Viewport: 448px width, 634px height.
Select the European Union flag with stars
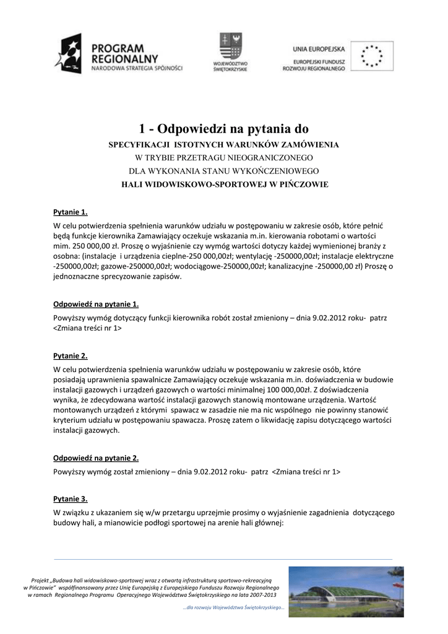[371, 56]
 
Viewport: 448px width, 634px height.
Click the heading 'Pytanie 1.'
[71, 212]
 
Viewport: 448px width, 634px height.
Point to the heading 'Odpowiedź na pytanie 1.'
[96, 304]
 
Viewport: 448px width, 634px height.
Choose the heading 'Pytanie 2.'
[71, 356]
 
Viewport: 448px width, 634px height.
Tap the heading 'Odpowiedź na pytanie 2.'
[96, 458]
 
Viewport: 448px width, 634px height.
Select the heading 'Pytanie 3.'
[71, 498]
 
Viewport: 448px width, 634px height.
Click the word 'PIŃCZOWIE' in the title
[304, 185]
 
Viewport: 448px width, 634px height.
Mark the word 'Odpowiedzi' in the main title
[192, 129]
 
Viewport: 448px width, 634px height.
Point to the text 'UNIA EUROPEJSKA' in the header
[319, 48]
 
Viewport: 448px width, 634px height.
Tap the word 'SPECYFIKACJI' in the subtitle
[139, 145]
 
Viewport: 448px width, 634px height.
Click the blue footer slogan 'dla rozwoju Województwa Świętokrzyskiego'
[234, 607]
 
